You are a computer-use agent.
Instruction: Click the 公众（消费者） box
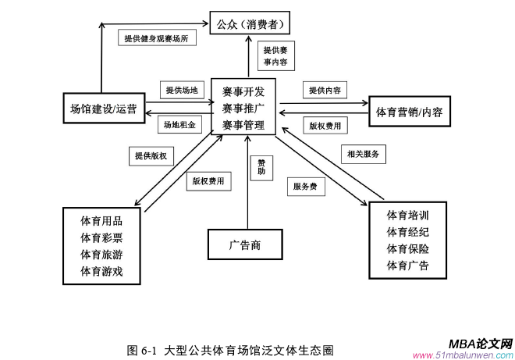(254, 22)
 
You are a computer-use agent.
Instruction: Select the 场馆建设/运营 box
(103, 109)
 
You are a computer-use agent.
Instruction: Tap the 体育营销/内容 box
(409, 111)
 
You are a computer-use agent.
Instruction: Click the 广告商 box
(245, 244)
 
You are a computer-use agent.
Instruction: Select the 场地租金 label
(179, 124)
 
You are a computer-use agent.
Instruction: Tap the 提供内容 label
(324, 91)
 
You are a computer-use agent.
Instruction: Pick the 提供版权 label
(151, 155)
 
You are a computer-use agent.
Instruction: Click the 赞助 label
(261, 165)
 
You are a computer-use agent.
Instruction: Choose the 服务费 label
(304, 187)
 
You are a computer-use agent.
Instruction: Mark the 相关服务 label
(364, 154)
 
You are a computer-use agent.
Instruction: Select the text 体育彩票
(101, 237)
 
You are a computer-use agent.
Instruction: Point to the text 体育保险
(407, 249)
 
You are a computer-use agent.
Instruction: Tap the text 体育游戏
(101, 271)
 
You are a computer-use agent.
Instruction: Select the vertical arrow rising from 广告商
(247, 195)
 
